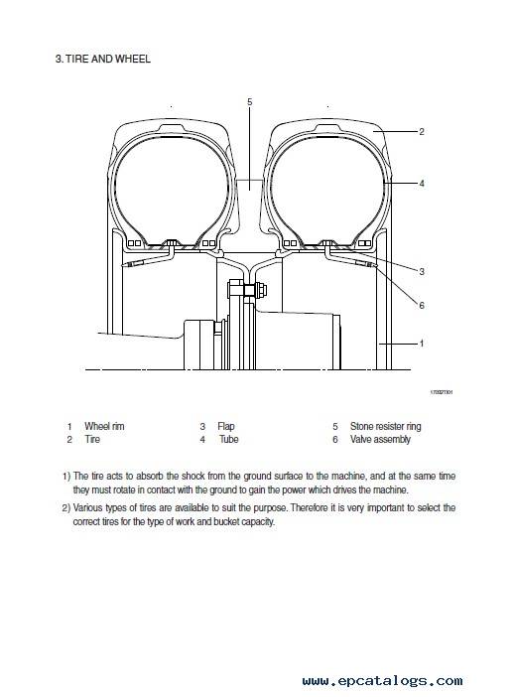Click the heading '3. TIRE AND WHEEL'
[102, 59]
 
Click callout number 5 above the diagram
[250, 102]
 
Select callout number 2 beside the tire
[422, 132]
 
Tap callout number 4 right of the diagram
[422, 183]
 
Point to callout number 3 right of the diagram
[422, 271]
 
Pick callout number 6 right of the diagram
[422, 306]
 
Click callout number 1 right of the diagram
[422, 344]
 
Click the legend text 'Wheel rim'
[104, 426]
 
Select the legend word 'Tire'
[92, 440]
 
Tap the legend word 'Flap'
[226, 427]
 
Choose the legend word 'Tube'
[229, 440]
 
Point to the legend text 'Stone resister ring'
[386, 427]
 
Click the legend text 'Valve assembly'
[380, 440]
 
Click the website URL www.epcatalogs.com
[382, 680]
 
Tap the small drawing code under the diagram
[442, 392]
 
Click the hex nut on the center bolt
[261, 290]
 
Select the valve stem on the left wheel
[132, 264]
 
